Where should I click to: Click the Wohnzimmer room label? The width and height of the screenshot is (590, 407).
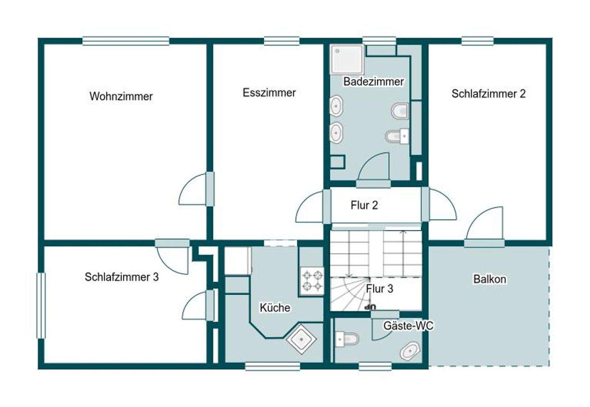coord(121,96)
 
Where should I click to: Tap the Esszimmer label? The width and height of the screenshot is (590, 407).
coord(269,93)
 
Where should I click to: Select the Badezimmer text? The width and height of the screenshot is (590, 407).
coord(374,82)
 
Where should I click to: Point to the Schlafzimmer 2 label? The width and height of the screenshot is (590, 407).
coord(488,94)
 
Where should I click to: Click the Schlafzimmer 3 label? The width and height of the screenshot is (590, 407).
coord(122,277)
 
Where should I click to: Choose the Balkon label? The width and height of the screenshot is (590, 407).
coord(490,279)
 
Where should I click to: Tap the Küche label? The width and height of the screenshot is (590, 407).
coord(275,307)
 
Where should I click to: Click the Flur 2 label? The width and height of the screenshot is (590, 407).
coord(364,205)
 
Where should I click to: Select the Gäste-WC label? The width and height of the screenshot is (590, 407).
coord(408,326)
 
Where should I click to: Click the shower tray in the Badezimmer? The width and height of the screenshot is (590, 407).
coord(347,59)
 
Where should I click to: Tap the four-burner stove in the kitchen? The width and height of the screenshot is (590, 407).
coord(312,281)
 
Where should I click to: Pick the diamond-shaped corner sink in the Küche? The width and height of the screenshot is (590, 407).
coord(302,339)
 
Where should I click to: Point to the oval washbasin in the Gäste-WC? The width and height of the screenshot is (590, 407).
coord(410,351)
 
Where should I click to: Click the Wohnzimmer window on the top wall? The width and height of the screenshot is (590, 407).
coord(126,41)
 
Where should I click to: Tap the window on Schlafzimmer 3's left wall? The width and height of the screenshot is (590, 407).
coord(41,306)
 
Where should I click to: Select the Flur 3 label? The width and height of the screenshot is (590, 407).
coord(379,289)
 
